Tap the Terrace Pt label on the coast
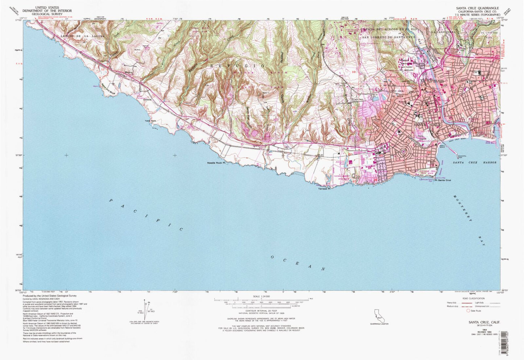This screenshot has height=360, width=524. [324, 189]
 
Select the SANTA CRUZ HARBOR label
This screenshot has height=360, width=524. [474, 162]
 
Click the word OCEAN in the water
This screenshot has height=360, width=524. [297, 263]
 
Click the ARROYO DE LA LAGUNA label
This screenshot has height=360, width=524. [83, 36]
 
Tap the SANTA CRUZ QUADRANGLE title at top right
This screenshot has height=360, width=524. [477, 8]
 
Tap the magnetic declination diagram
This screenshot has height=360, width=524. [147, 310]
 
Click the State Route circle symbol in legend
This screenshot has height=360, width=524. [468, 311]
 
